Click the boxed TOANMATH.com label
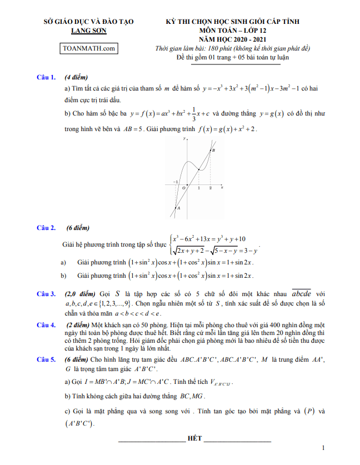coord(89,48)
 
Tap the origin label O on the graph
coord(183,188)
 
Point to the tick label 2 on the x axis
coord(210,188)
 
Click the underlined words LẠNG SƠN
coord(89,31)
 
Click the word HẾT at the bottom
coord(194,439)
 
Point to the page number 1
coord(323,448)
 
